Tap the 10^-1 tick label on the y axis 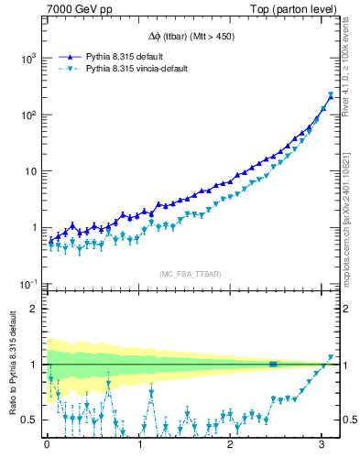pyautogui.click(x=27, y=284)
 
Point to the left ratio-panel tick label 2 pyautogui.click(x=34, y=309)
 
